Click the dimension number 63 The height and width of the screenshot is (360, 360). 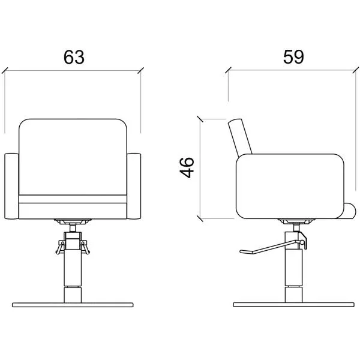pyautogui.click(x=74, y=57)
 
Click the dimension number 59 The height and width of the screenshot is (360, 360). pyautogui.click(x=293, y=57)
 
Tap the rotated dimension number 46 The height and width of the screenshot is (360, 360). pyautogui.click(x=187, y=167)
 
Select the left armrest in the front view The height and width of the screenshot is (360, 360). pyautogui.click(x=11, y=186)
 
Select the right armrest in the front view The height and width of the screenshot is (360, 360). pyautogui.click(x=134, y=186)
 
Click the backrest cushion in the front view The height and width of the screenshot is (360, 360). pyautogui.click(x=73, y=157)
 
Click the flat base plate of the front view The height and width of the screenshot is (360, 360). pyautogui.click(x=73, y=305)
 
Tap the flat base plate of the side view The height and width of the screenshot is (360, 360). pyautogui.click(x=293, y=304)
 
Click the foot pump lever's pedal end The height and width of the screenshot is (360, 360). pyautogui.click(x=246, y=251)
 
